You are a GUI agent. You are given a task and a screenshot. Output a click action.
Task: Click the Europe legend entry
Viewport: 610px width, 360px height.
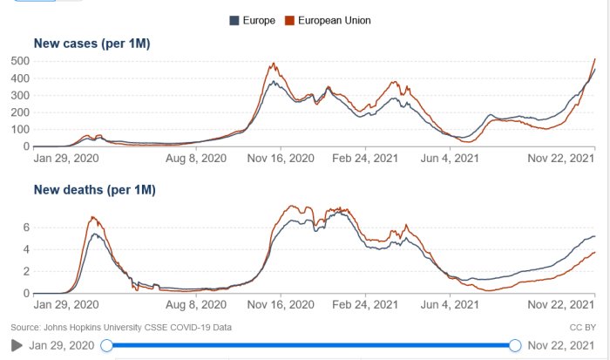[253, 20]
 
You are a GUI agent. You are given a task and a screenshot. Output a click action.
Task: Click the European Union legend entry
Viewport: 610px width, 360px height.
[328, 20]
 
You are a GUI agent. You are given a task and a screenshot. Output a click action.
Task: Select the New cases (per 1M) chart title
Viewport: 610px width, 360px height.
[92, 44]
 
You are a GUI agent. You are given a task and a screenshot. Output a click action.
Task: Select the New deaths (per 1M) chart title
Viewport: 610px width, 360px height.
[96, 189]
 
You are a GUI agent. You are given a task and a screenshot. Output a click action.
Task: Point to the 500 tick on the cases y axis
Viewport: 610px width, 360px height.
[19, 61]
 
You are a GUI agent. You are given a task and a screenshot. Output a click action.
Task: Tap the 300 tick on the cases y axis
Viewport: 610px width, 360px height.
[19, 95]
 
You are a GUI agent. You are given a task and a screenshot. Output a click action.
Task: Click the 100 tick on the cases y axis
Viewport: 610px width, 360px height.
[19, 129]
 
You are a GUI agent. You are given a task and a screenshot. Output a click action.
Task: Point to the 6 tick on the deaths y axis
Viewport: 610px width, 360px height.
[26, 228]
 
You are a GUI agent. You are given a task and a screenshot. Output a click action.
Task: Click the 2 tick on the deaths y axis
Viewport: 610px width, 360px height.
[26, 271]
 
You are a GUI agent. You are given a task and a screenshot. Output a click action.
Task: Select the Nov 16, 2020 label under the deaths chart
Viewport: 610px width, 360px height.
[280, 305]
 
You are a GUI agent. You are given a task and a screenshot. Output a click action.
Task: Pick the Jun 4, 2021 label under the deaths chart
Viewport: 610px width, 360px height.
[450, 305]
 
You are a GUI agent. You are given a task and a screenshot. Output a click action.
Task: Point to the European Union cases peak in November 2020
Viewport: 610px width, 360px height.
[274, 64]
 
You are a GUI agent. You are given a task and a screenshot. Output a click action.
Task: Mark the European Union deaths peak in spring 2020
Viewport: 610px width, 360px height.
[91, 217]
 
